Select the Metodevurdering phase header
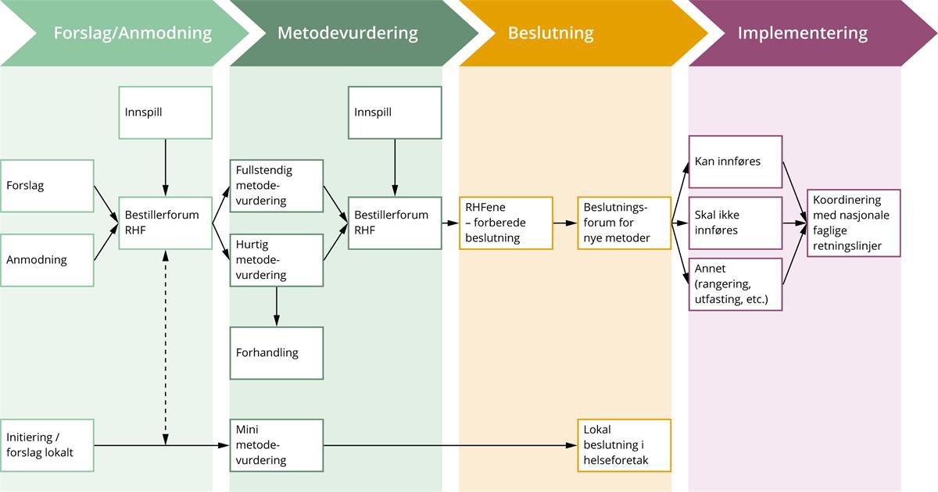coord(348,34)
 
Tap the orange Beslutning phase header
coord(551,34)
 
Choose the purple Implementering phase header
coord(803,34)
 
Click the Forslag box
coord(47,186)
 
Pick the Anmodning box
coord(47,259)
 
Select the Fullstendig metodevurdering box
coord(277,186)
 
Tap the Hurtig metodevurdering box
coord(277,259)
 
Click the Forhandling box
coord(277,352)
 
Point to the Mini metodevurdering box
coord(277,446)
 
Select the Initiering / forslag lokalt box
coord(47,446)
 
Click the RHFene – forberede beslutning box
coord(506,223)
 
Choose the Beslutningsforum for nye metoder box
coord(624,223)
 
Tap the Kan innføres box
coord(735,162)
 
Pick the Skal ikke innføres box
coord(735,223)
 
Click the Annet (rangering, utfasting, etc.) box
coord(735,284)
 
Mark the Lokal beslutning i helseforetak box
coord(624,446)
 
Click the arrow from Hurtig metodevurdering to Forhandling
coord(277,305)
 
